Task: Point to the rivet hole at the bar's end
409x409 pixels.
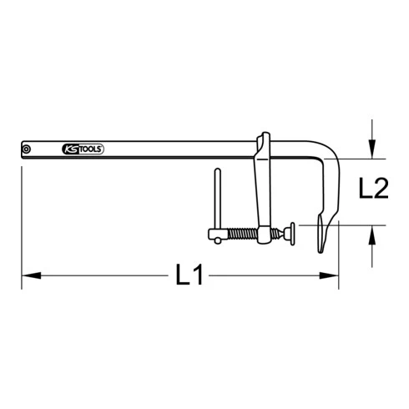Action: tap(28, 149)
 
